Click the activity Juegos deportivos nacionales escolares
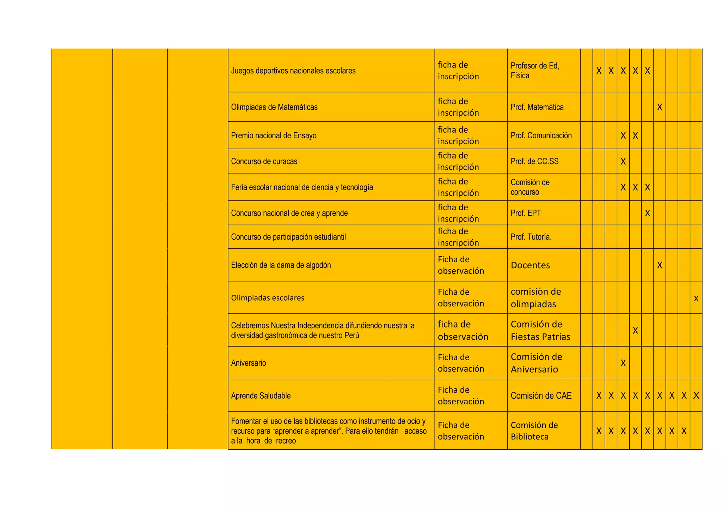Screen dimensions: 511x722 293,71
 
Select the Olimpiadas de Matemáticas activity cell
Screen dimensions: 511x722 274,107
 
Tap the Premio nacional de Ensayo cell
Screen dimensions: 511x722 274,136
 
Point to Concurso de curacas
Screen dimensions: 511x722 264,161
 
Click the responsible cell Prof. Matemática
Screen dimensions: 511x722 537,107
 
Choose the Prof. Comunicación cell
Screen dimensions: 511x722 541,136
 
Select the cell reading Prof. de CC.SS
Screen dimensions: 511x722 534,161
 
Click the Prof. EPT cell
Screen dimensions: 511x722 526,213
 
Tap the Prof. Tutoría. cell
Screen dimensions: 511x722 531,237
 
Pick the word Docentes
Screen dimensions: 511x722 530,265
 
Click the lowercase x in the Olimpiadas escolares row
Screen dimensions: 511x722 696,298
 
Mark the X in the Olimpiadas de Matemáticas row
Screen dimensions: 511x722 660,107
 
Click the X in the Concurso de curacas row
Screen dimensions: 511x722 623,161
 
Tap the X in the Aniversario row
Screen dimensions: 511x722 623,363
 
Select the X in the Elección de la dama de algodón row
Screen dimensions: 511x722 660,265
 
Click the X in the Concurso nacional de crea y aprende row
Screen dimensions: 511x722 648,213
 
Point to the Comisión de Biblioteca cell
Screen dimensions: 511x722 534,431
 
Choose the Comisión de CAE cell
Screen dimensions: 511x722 541,396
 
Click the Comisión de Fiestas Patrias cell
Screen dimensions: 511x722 540,330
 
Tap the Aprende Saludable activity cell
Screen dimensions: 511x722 261,396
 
